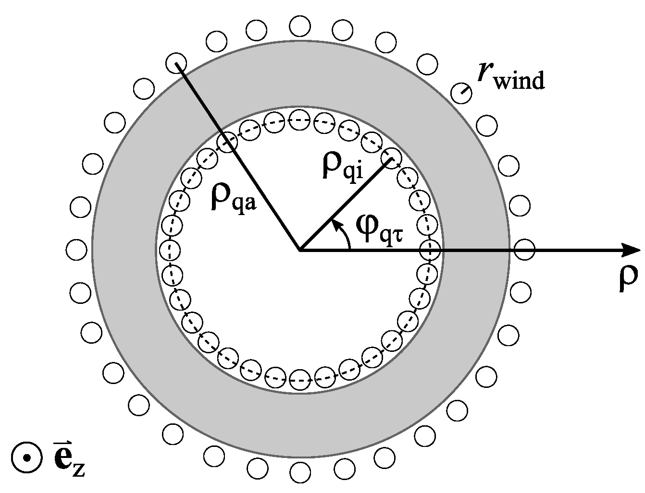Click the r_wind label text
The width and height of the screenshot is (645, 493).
tap(510, 77)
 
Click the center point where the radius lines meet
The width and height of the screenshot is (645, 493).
tap(300, 250)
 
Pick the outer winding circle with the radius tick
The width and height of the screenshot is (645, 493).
tap(462, 91)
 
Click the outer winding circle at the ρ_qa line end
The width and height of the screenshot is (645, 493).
tap(175, 63)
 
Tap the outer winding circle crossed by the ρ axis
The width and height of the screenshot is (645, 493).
tap(524, 250)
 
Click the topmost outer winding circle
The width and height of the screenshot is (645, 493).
tap(300, 25)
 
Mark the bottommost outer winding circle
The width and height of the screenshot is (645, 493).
tap(300, 473)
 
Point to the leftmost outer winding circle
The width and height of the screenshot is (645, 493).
tap(76, 250)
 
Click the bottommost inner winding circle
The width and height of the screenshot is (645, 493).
tap(299, 378)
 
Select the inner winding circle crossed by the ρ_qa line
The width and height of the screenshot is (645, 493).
tap(227, 142)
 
